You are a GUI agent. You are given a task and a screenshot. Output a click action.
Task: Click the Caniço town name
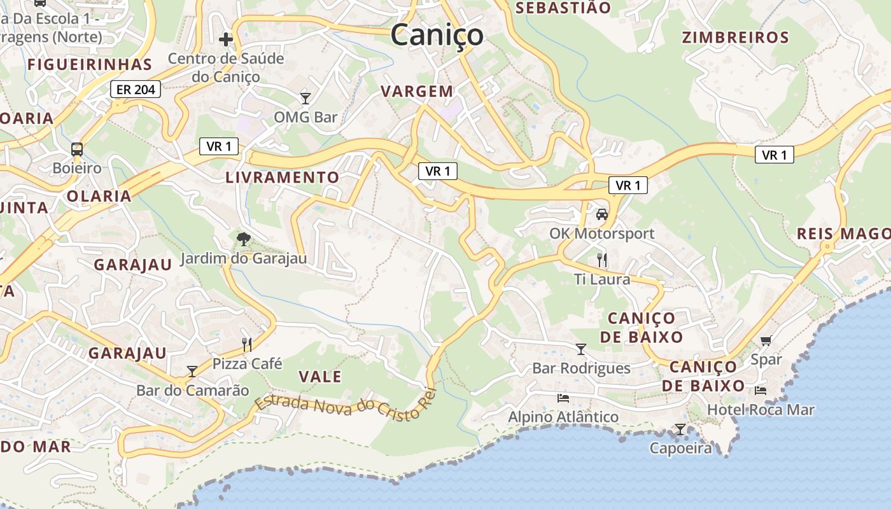pyautogui.click(x=437, y=34)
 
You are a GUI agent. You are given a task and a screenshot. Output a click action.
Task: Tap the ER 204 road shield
pyautogui.click(x=136, y=90)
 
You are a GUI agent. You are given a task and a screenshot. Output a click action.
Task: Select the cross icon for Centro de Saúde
pyautogui.click(x=226, y=39)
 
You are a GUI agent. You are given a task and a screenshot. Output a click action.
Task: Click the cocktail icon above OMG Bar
pyautogui.click(x=305, y=98)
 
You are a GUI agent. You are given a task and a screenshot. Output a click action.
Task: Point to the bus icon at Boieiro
pyautogui.click(x=77, y=150)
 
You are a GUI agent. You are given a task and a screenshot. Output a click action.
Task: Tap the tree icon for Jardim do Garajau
pyautogui.click(x=243, y=239)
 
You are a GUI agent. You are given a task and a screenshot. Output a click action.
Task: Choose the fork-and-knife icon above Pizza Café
pyautogui.click(x=247, y=345)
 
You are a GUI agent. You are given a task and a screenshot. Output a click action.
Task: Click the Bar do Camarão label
pyautogui.click(x=193, y=390)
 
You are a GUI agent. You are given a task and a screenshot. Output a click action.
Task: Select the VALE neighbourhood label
pyautogui.click(x=320, y=377)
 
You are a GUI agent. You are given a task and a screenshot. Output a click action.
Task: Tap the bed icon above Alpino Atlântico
pyautogui.click(x=563, y=398)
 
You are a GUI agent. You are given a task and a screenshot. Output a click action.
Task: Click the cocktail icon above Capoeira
pyautogui.click(x=680, y=429)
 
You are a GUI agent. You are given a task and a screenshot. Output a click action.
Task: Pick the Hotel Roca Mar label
pyautogui.click(x=761, y=410)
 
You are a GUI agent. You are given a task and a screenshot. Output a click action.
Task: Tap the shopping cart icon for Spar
pyautogui.click(x=766, y=341)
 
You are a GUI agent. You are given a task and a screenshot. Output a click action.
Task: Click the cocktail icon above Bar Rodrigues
pyautogui.click(x=580, y=349)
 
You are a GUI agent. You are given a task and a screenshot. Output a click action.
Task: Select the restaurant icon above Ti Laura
pyautogui.click(x=602, y=260)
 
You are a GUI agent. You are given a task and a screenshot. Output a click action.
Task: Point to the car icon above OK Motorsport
pyautogui.click(x=601, y=214)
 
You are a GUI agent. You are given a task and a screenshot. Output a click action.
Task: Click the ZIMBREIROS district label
pyautogui.click(x=735, y=38)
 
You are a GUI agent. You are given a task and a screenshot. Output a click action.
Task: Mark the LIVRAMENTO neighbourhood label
pyautogui.click(x=283, y=178)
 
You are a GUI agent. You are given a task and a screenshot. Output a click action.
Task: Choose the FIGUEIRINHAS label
pyautogui.click(x=90, y=64)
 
